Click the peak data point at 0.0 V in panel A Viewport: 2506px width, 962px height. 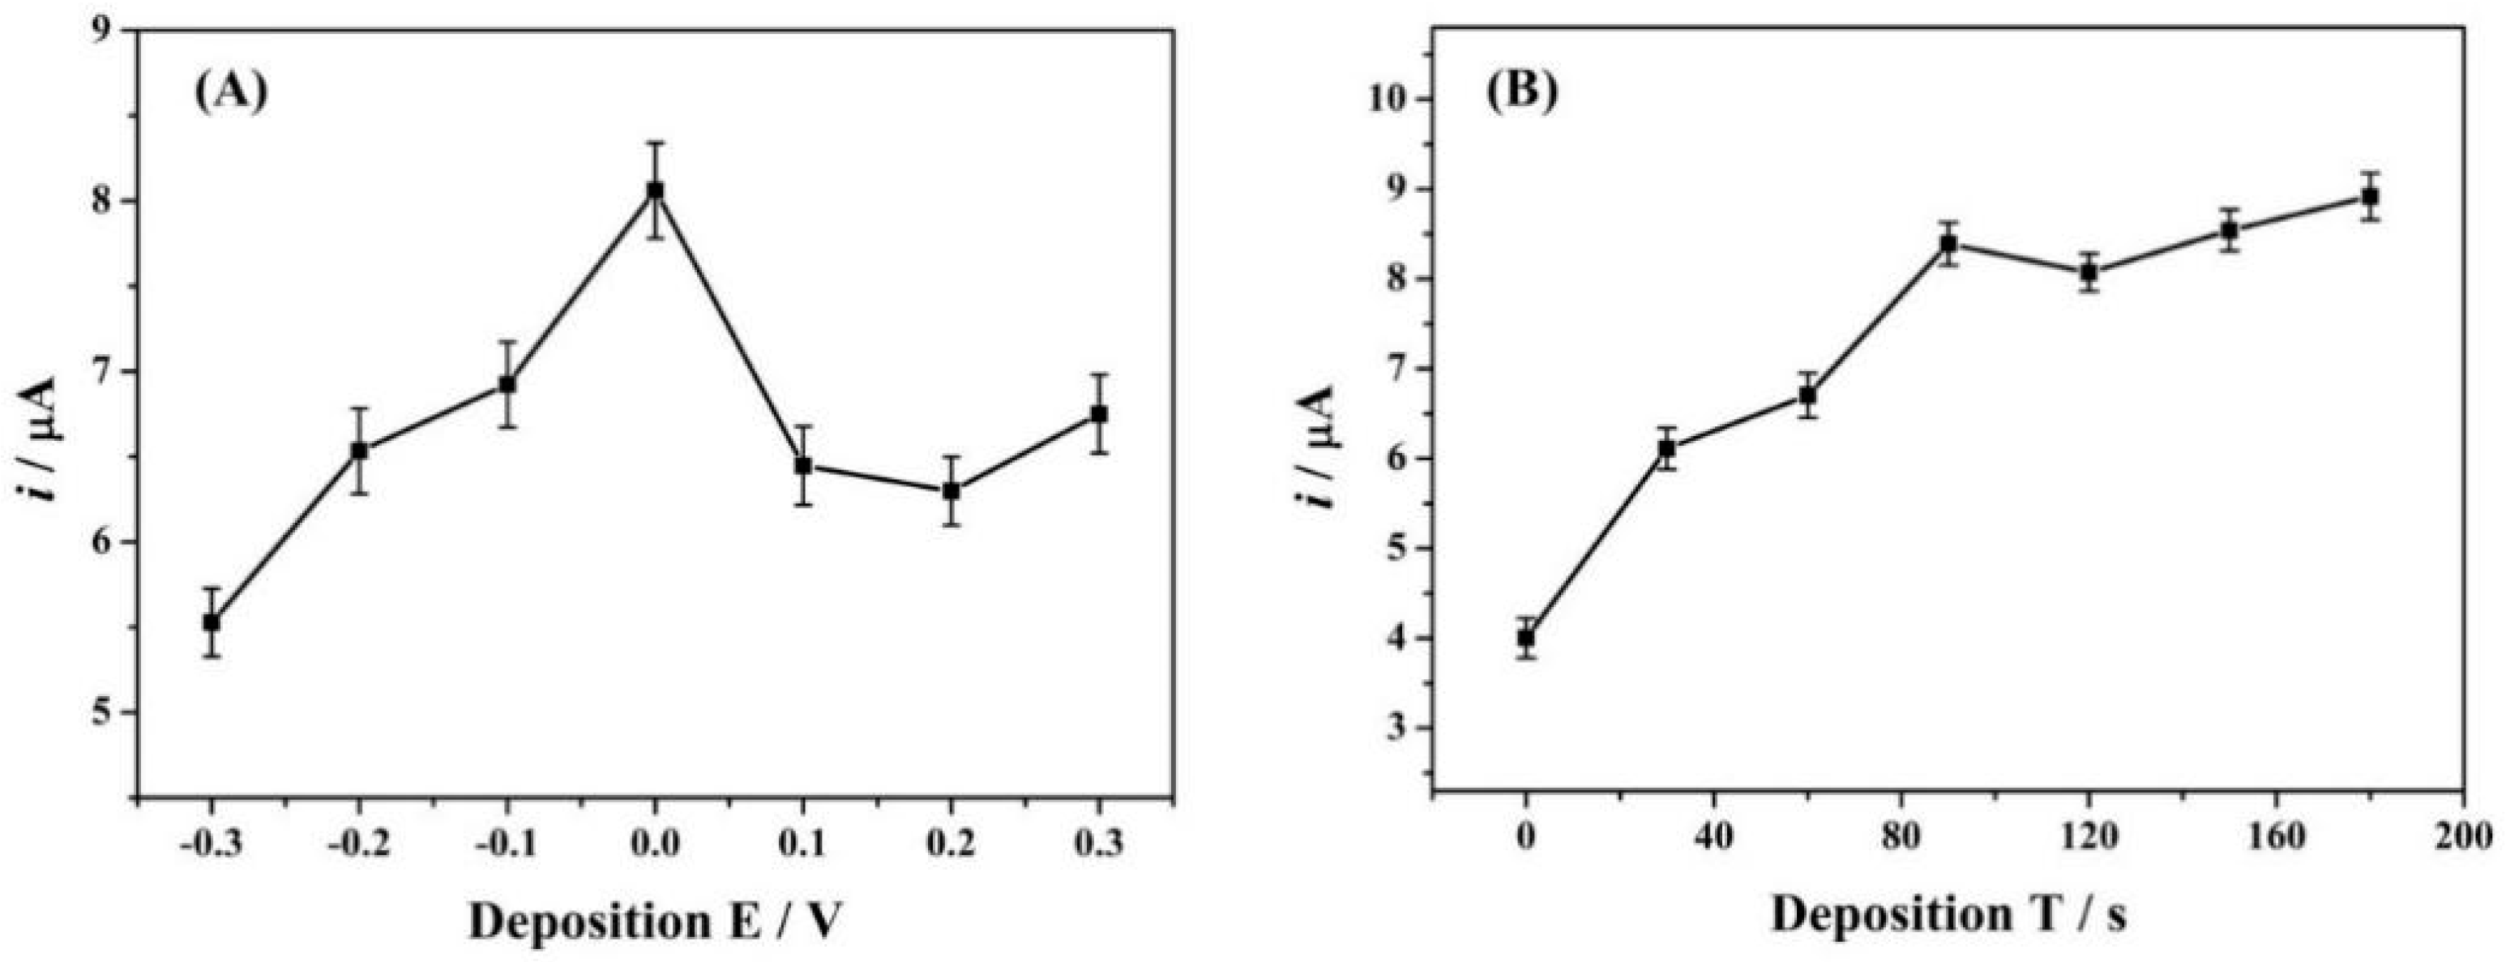point(655,190)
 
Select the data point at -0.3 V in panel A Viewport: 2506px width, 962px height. point(211,622)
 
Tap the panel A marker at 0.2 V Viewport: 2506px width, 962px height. point(952,491)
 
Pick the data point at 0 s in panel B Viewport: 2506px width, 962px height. point(1526,638)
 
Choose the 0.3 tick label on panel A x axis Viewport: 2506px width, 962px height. point(1098,842)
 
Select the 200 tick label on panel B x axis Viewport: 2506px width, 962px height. point(2463,836)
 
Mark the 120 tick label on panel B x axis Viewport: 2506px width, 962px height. point(2088,836)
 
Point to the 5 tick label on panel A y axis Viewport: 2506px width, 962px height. point(100,713)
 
